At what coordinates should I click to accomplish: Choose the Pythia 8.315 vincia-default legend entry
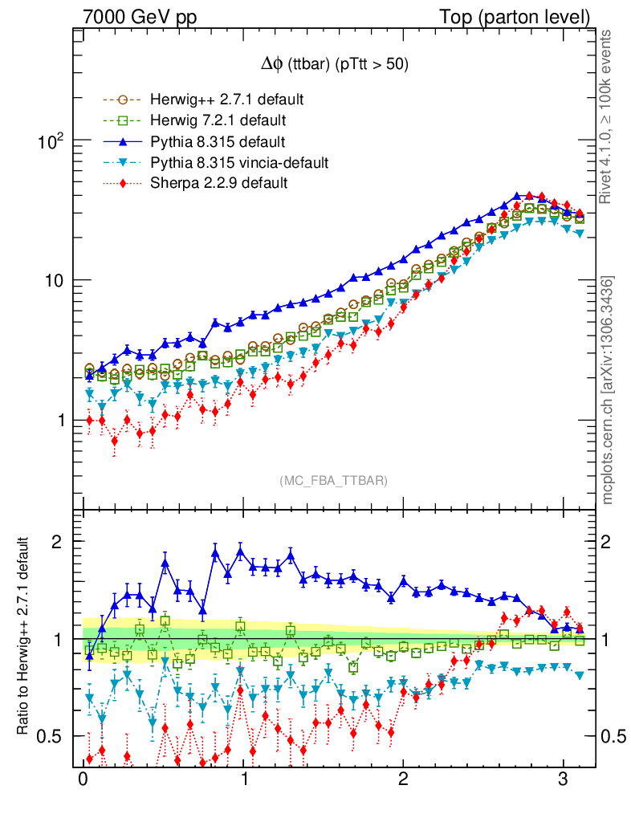[x=238, y=163]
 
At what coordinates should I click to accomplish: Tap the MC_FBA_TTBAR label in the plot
[x=334, y=480]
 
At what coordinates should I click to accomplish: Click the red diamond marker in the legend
[x=122, y=183]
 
